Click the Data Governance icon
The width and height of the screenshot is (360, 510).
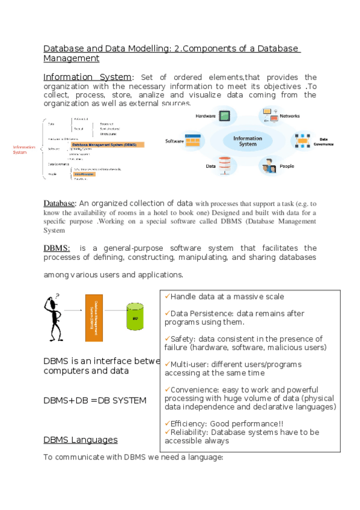[302, 141]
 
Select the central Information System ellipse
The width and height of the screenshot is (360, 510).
[248, 141]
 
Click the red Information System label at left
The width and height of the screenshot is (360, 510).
[24, 150]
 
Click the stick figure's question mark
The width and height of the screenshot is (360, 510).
[58, 294]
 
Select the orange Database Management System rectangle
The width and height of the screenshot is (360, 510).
[93, 318]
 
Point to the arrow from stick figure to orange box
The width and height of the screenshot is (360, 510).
[73, 311]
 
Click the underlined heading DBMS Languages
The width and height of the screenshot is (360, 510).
[81, 440]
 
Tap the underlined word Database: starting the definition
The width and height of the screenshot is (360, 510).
[59, 203]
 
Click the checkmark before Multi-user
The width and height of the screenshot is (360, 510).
[166, 364]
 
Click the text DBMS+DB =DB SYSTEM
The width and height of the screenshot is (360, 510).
[94, 400]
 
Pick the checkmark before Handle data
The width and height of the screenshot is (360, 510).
[166, 296]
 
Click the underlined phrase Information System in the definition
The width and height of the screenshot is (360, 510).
[87, 78]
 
